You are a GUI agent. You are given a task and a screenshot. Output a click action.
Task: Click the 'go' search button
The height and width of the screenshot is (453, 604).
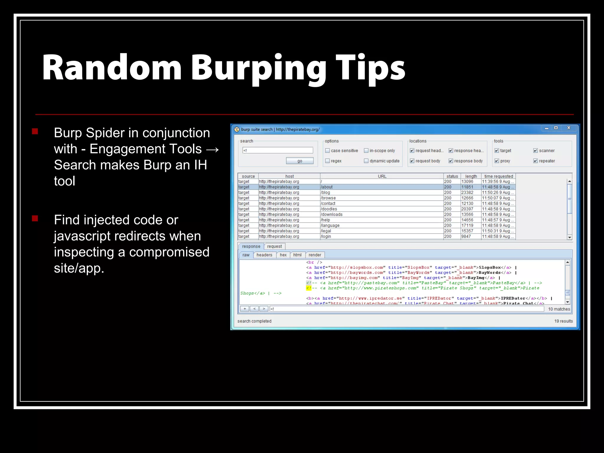point(300,161)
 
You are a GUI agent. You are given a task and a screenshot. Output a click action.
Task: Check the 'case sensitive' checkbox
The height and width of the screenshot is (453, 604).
point(327,151)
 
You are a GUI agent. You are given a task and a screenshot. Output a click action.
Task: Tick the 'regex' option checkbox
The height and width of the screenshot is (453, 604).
point(327,161)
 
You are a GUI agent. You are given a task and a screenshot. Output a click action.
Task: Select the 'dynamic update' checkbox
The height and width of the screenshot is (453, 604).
point(366,161)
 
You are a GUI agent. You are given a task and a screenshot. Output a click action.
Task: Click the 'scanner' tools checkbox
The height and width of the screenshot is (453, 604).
point(536,151)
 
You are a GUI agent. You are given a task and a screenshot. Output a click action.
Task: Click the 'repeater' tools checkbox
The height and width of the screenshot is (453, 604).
point(536,161)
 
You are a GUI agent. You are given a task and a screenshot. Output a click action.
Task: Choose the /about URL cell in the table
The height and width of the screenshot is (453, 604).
point(327,187)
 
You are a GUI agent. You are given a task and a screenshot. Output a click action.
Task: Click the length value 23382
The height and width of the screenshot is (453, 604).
point(467,193)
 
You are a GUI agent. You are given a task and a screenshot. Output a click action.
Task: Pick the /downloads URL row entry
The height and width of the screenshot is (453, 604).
point(332,214)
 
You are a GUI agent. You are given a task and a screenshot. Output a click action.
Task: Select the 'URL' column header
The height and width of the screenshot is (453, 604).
point(382,176)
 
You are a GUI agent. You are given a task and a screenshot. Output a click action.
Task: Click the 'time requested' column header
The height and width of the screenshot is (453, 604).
point(498,176)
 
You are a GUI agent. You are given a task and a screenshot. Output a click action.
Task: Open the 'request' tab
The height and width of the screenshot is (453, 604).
point(274,246)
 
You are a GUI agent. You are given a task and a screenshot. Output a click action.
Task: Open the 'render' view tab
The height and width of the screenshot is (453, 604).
point(315,255)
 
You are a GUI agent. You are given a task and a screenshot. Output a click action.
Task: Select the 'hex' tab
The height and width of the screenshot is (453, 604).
point(283,255)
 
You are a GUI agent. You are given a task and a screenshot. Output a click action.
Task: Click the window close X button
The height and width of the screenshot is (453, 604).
point(569,128)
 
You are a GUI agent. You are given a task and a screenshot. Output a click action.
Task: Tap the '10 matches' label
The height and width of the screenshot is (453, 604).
point(559,309)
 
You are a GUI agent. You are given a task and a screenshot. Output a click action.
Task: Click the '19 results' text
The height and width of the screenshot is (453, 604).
point(563,321)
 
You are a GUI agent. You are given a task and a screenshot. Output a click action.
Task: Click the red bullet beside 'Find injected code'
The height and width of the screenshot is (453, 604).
point(35,219)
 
